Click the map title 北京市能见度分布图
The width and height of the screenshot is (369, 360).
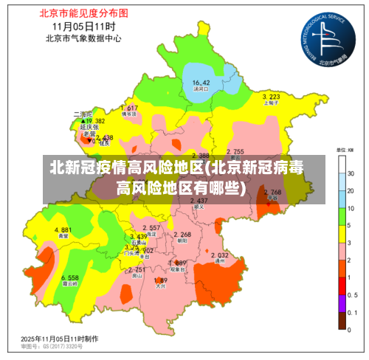[x=78, y=13]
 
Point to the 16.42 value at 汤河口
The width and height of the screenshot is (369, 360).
[x=201, y=82]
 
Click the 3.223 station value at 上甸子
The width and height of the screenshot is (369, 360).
[x=271, y=97]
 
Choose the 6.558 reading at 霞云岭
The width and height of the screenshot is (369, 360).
[x=71, y=277]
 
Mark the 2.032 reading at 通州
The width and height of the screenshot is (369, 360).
[x=220, y=255]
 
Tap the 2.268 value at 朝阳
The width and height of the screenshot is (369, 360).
[x=182, y=235]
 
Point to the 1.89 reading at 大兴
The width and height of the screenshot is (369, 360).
[x=161, y=280]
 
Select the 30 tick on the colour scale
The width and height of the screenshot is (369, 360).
[x=351, y=173]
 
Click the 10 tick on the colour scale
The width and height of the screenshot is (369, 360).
[x=351, y=208]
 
